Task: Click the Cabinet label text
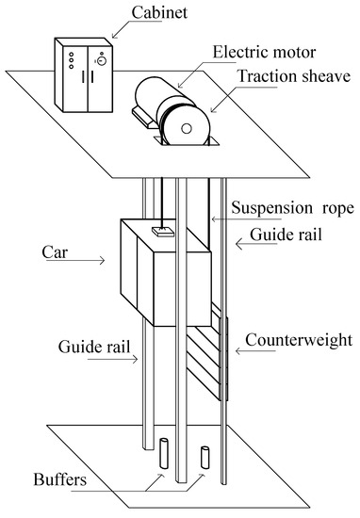click(159, 12)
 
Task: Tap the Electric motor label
click(264, 52)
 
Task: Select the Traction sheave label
click(294, 76)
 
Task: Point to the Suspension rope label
click(292, 208)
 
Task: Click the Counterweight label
click(299, 340)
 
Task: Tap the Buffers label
click(59, 479)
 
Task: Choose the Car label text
click(55, 252)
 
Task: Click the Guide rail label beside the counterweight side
click(286, 235)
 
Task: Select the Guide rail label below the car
click(94, 347)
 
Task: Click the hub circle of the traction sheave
click(187, 129)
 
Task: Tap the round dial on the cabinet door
click(102, 61)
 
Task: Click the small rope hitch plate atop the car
click(163, 232)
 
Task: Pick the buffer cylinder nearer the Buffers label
click(164, 453)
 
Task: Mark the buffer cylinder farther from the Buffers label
click(205, 458)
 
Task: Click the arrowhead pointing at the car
click(102, 260)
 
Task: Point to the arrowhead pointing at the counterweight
click(238, 351)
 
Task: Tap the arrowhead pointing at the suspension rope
click(214, 219)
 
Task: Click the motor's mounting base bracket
click(144, 118)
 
